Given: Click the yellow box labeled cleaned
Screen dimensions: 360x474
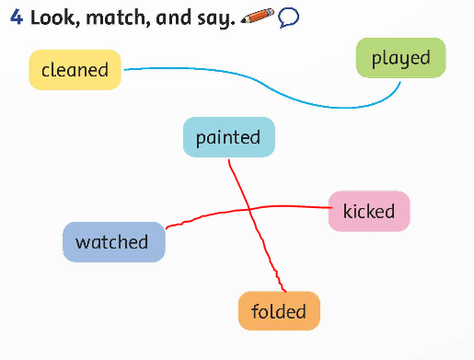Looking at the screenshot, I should coord(75,70).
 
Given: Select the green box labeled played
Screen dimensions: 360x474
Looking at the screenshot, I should coord(400,58).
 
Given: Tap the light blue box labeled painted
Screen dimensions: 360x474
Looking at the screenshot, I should coord(228,137).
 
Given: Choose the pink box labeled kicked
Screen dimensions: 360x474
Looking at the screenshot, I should coord(368,212).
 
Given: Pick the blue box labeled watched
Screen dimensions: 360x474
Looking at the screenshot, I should coord(113,242).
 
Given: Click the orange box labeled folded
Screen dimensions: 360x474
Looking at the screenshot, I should coord(278,311).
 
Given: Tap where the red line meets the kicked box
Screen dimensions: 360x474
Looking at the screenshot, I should coord(329,207).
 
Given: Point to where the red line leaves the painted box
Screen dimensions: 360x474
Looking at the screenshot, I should coord(228,158).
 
